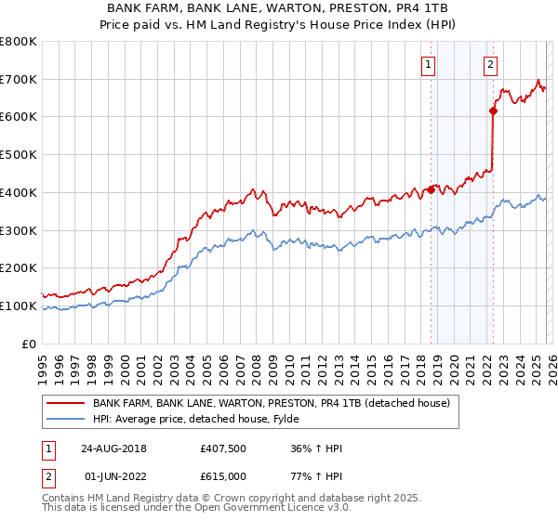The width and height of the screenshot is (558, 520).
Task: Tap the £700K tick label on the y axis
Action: click(x=19, y=79)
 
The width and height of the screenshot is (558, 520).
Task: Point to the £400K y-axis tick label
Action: click(x=19, y=192)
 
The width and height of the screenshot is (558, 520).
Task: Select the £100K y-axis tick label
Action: click(x=19, y=305)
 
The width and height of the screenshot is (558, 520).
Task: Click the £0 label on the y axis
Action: click(x=30, y=344)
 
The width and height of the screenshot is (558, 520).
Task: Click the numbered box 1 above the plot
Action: click(x=428, y=64)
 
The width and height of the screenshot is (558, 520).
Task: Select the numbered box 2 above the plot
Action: click(x=490, y=64)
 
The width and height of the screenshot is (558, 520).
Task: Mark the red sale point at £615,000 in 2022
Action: click(x=493, y=111)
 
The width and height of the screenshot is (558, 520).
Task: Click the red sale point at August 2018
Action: click(x=431, y=189)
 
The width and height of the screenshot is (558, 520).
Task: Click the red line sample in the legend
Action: click(x=64, y=403)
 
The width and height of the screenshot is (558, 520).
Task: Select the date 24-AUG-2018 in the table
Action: click(x=112, y=448)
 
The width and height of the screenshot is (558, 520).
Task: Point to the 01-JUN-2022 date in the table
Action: click(x=112, y=476)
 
